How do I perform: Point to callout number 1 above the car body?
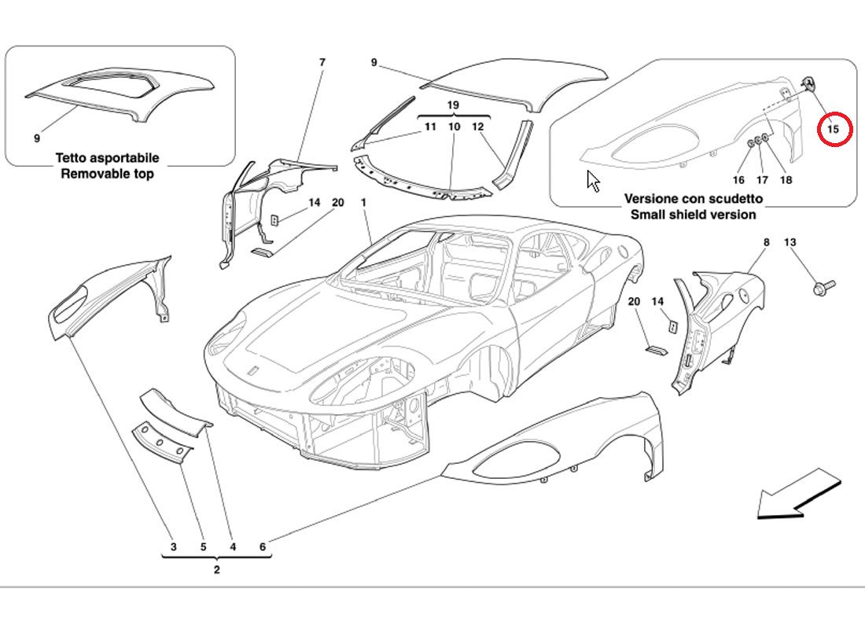[x=364, y=203]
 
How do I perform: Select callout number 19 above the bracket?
[x=453, y=105]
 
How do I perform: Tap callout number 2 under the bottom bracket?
[x=216, y=570]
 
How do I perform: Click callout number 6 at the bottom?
[x=262, y=547]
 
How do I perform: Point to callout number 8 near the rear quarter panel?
[x=767, y=243]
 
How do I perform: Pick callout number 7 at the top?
[x=322, y=62]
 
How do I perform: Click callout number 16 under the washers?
[x=739, y=179]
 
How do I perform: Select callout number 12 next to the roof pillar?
[x=478, y=127]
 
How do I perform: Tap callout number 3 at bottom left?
[x=174, y=547]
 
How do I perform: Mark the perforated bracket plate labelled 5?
[x=162, y=442]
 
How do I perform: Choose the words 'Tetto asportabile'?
[x=107, y=158]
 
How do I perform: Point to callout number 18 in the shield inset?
[x=786, y=179]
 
